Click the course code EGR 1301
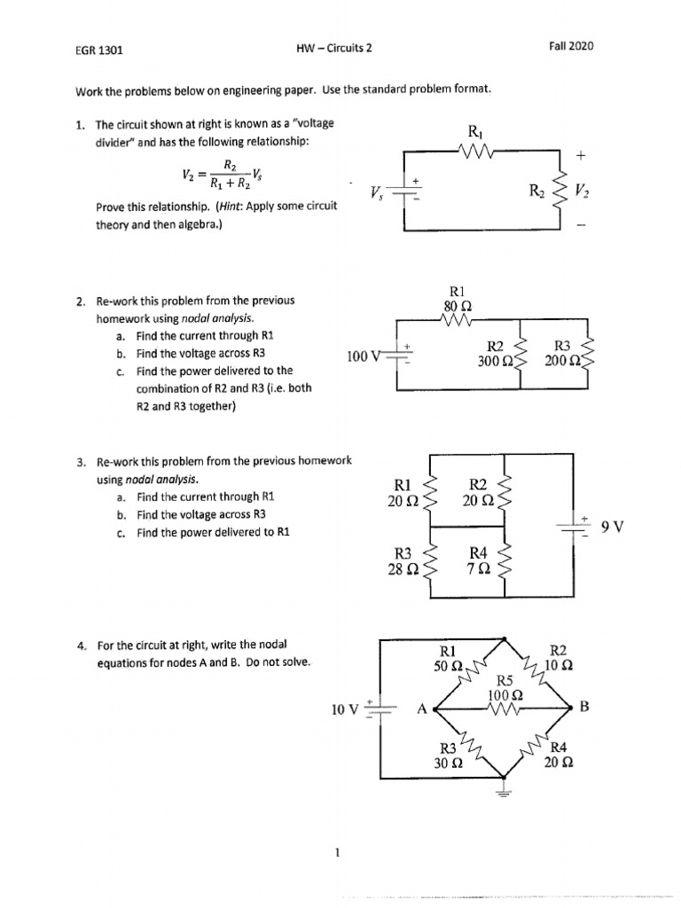tap(98, 50)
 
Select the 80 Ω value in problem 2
tap(457, 306)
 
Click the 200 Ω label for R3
tap(562, 362)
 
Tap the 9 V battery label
tap(613, 527)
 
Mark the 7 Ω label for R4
tap(477, 568)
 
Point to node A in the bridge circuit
tap(423, 708)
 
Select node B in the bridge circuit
tap(583, 707)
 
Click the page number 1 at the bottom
tap(338, 854)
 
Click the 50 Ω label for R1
tap(450, 665)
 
